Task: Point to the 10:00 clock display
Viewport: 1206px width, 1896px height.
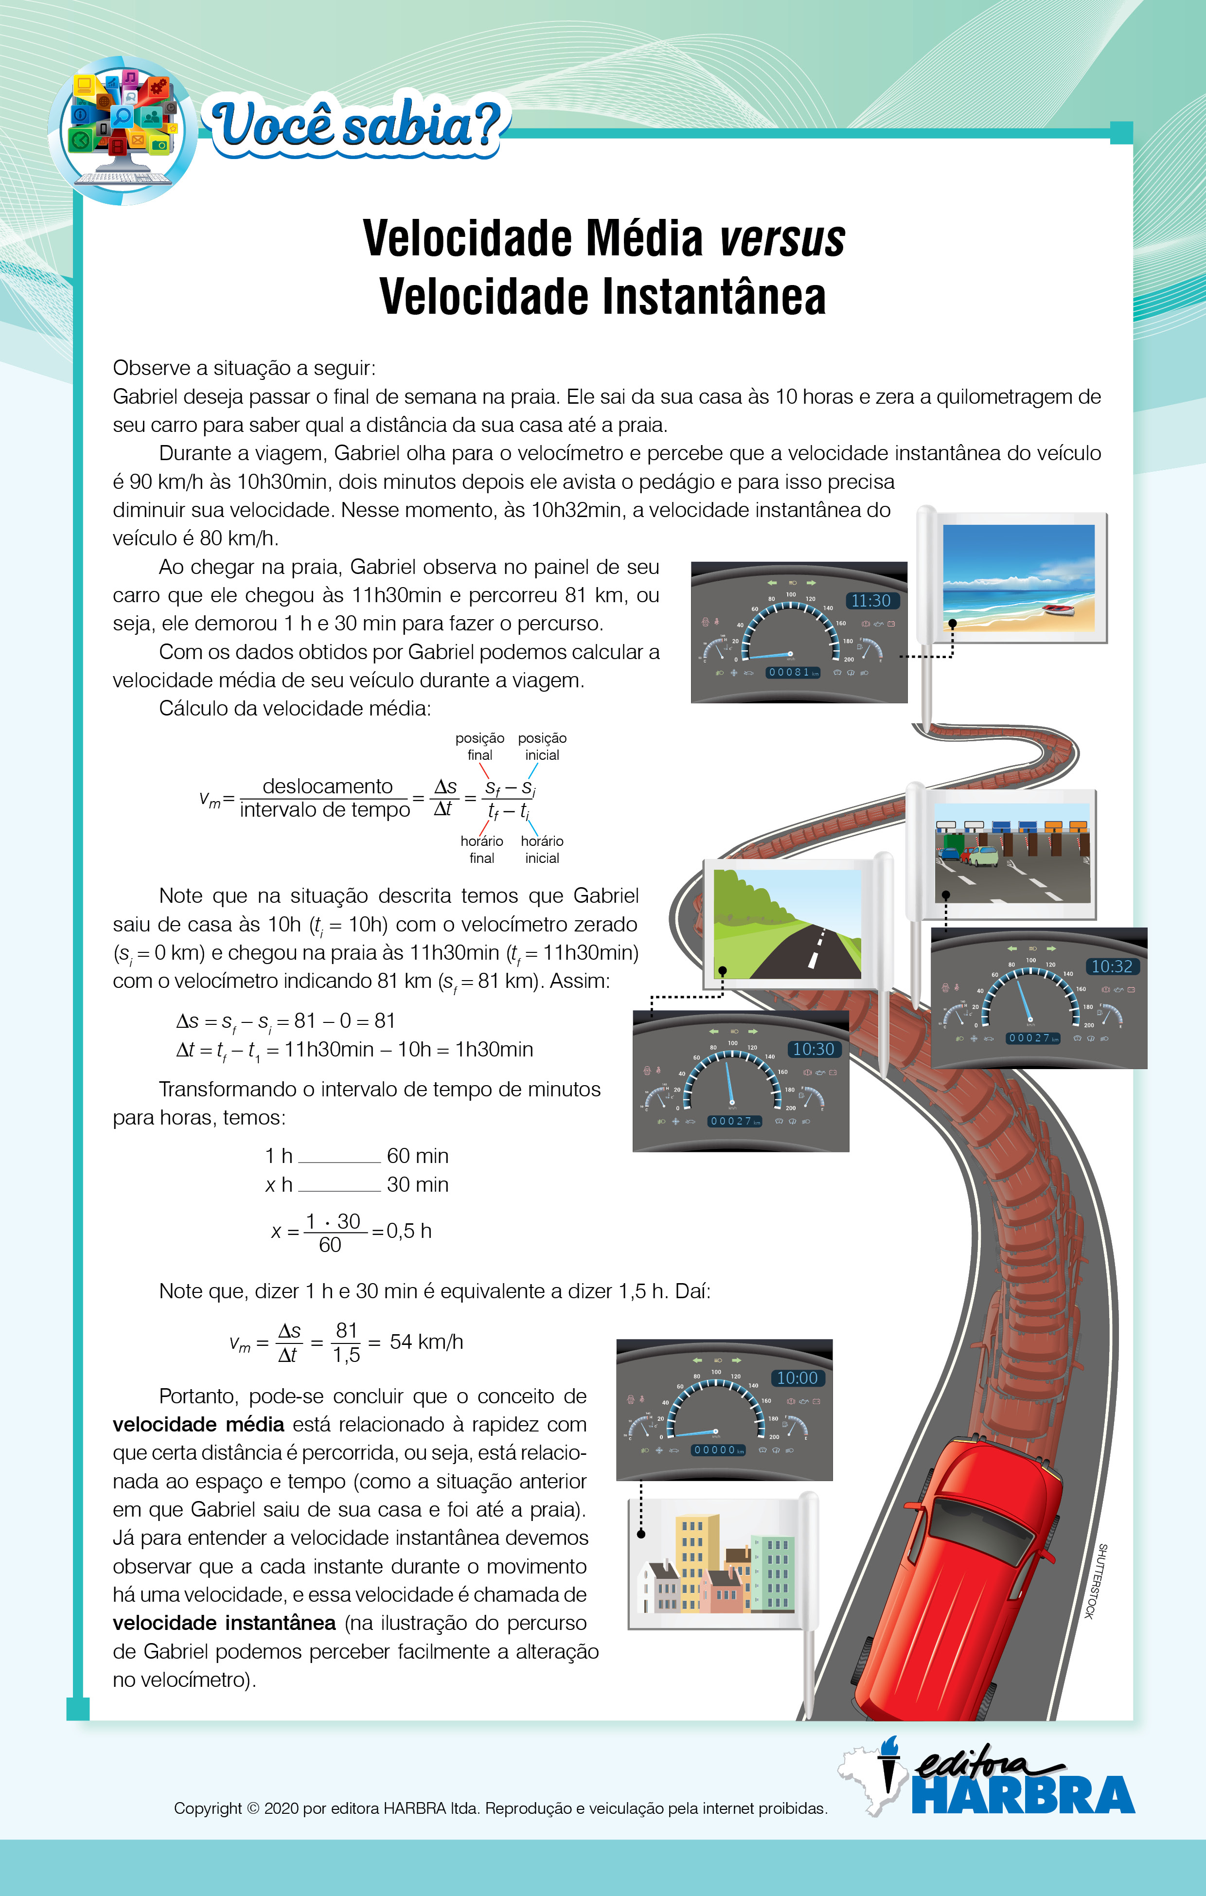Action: point(798,1378)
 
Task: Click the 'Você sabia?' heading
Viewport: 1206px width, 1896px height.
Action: point(356,125)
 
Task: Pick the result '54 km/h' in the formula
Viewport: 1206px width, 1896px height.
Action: point(426,1342)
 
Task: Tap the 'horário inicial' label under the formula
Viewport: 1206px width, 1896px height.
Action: point(542,850)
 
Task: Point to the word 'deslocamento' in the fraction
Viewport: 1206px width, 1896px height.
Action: point(327,786)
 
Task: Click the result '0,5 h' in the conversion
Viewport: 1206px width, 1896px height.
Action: point(408,1231)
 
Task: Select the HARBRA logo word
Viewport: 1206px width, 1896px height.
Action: point(1023,1795)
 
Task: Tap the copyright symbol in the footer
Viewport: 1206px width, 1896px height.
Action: point(253,1808)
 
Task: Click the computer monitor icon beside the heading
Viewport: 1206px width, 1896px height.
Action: point(122,130)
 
